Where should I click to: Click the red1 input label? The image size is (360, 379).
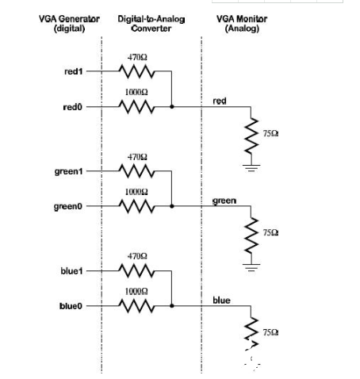(x=74, y=71)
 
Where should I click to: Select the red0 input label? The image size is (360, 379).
(x=73, y=107)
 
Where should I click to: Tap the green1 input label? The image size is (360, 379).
(x=69, y=172)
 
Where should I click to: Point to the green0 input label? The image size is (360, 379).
(x=68, y=206)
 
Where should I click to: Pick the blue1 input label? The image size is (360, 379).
(x=71, y=271)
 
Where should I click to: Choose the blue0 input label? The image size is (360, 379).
(x=71, y=306)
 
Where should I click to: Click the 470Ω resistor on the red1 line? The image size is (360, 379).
(x=136, y=71)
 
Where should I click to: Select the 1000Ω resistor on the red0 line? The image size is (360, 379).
(x=136, y=107)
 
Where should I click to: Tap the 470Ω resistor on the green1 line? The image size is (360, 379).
(x=136, y=171)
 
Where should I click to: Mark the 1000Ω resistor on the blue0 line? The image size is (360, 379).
(x=136, y=306)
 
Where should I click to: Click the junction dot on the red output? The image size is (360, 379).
(x=172, y=107)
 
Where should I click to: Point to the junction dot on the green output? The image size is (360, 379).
(x=172, y=206)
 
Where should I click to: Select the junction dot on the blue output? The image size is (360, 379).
(x=172, y=306)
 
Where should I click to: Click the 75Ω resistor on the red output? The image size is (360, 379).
(x=251, y=136)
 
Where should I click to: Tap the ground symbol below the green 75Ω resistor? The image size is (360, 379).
(x=251, y=267)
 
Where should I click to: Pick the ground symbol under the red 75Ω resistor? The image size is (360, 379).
(x=251, y=168)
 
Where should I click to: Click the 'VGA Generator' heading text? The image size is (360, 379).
(x=69, y=19)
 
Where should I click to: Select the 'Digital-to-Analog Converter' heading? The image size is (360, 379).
(x=151, y=24)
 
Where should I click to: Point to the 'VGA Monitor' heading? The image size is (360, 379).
(x=242, y=19)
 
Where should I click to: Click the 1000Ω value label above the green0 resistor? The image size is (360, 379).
(x=136, y=192)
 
